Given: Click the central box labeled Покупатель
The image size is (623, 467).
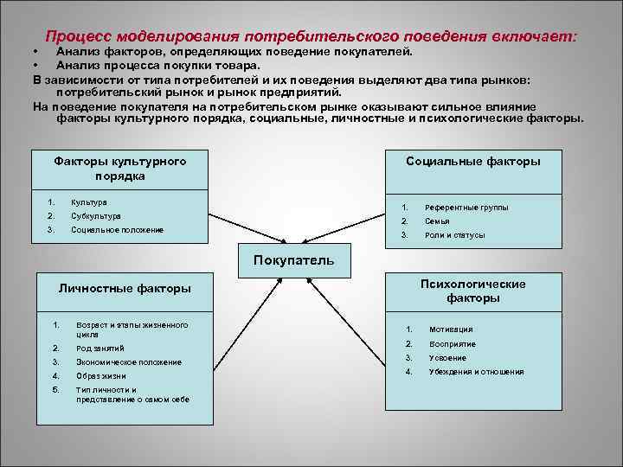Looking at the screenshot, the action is point(293,259).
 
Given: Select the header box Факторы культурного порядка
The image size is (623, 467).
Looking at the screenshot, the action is point(120,168).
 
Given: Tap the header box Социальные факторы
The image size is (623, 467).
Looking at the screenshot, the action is point(473,162).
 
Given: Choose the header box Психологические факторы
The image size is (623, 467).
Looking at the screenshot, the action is point(473,291).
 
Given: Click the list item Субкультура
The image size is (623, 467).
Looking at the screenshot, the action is point(95,215).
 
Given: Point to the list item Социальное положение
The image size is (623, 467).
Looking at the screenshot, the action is point(117,229).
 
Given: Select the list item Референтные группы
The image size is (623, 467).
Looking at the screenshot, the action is point(466,208).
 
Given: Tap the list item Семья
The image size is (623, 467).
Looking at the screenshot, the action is point(437,221).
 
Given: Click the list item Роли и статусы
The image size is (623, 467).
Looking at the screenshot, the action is point(454,235).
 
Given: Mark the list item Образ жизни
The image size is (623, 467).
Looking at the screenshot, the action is point(101,376).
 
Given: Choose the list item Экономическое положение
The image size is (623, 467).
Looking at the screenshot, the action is point(129,362).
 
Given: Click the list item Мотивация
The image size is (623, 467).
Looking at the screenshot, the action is point(452,329).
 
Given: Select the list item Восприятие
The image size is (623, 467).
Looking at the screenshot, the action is point(453,343).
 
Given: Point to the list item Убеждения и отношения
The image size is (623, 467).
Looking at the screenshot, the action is point(477,372).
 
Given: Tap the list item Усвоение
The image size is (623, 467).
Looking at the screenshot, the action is point(447,358).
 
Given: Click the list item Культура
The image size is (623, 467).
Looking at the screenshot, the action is point(89,202).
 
